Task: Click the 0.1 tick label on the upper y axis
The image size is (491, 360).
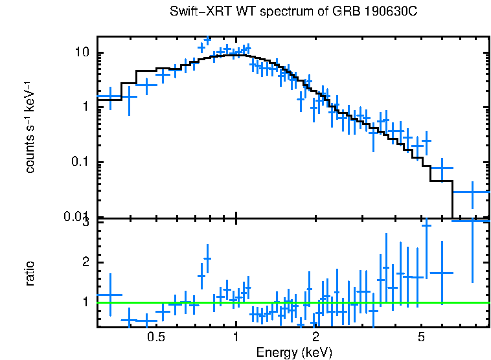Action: (x=80, y=162)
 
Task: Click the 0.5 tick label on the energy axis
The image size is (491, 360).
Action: (x=155, y=337)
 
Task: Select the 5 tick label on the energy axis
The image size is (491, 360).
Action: (x=421, y=337)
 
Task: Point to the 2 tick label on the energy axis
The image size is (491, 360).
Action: (x=315, y=337)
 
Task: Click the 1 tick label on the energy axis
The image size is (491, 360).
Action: (x=235, y=337)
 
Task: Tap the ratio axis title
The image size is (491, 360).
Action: (x=30, y=273)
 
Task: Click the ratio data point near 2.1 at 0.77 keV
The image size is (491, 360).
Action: (x=207, y=258)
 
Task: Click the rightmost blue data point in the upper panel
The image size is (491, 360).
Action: (x=472, y=192)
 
